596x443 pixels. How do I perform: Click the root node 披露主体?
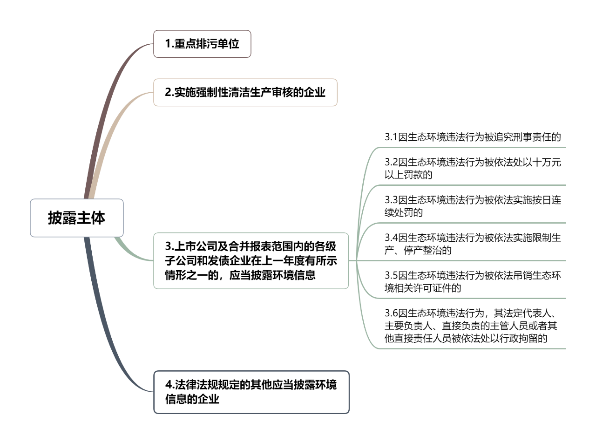(76, 218)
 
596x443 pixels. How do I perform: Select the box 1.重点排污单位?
(202, 44)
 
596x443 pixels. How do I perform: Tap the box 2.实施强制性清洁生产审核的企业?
(245, 92)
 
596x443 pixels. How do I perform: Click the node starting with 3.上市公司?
(251, 260)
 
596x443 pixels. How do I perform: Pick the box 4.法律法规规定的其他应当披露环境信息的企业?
(251, 392)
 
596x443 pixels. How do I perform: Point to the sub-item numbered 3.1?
(473, 137)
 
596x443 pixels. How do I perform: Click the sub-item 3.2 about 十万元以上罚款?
(473, 169)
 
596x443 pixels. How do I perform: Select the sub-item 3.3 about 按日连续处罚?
(473, 206)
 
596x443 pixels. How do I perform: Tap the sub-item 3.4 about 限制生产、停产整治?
(473, 244)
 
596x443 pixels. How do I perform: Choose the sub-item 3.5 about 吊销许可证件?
(473, 281)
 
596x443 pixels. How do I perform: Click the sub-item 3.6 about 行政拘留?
(471, 326)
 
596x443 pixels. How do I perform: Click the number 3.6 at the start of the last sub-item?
(391, 313)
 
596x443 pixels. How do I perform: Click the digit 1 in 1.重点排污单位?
(168, 44)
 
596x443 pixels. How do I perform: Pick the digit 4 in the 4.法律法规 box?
(169, 385)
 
